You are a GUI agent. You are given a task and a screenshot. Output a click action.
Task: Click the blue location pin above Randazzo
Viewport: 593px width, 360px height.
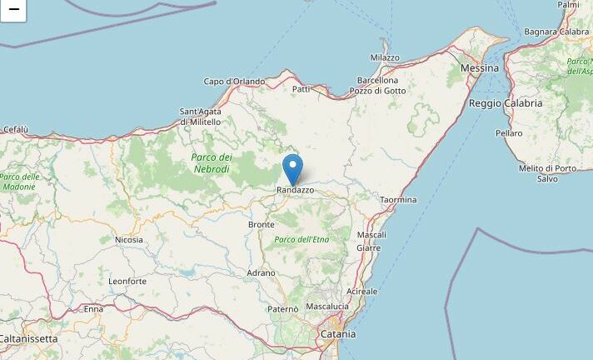pyautogui.click(x=292, y=167)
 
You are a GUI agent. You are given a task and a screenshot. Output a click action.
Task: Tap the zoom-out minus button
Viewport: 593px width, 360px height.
pyautogui.click(x=13, y=10)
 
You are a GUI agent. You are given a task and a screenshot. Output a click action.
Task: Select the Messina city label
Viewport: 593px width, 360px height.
pyautogui.click(x=480, y=67)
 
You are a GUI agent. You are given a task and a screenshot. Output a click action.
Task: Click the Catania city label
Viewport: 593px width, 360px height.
pyautogui.click(x=338, y=334)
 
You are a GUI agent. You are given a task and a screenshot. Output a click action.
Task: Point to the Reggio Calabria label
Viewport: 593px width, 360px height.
pyautogui.click(x=506, y=103)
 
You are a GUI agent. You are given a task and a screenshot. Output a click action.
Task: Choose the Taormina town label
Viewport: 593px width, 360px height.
pyautogui.click(x=398, y=200)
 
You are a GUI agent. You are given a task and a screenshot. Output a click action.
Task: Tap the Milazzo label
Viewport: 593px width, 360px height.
pyautogui.click(x=385, y=57)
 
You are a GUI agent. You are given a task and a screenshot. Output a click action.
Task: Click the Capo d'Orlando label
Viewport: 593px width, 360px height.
pyautogui.click(x=234, y=82)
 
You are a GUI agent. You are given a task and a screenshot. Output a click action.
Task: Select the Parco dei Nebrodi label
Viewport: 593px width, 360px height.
pyautogui.click(x=212, y=162)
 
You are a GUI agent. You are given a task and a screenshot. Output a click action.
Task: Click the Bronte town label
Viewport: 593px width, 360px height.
pyautogui.click(x=262, y=225)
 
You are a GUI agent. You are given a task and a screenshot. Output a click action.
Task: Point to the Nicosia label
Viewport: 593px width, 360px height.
pyautogui.click(x=129, y=240)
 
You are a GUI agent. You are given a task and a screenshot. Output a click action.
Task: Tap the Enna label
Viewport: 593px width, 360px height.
pyautogui.click(x=93, y=309)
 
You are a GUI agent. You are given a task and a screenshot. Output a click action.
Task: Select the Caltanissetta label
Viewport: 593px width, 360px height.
pyautogui.click(x=29, y=339)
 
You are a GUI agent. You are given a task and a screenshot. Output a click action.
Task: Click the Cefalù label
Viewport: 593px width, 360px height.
pyautogui.click(x=16, y=129)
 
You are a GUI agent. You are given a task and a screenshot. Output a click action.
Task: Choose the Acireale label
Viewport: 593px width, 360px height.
pyautogui.click(x=361, y=292)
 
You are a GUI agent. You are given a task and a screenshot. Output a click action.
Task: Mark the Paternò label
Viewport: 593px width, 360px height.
pyautogui.click(x=282, y=309)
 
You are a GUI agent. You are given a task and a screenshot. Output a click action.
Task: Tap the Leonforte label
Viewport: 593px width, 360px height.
pyautogui.click(x=127, y=282)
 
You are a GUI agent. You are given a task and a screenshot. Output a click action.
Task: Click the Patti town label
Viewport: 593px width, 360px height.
pyautogui.click(x=301, y=88)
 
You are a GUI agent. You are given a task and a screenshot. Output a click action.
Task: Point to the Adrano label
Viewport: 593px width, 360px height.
pyautogui.click(x=261, y=273)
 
